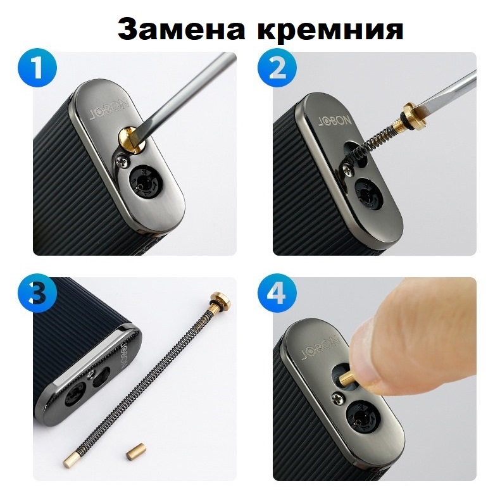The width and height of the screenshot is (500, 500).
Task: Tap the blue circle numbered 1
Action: [x=38, y=68]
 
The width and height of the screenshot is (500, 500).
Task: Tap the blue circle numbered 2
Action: [x=277, y=68]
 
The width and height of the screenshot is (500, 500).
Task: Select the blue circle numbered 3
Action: [x=38, y=292]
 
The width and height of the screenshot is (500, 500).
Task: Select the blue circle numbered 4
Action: [x=277, y=292]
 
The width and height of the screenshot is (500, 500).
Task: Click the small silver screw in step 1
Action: [x=123, y=161]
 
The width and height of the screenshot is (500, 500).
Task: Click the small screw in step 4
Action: [x=337, y=397]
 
